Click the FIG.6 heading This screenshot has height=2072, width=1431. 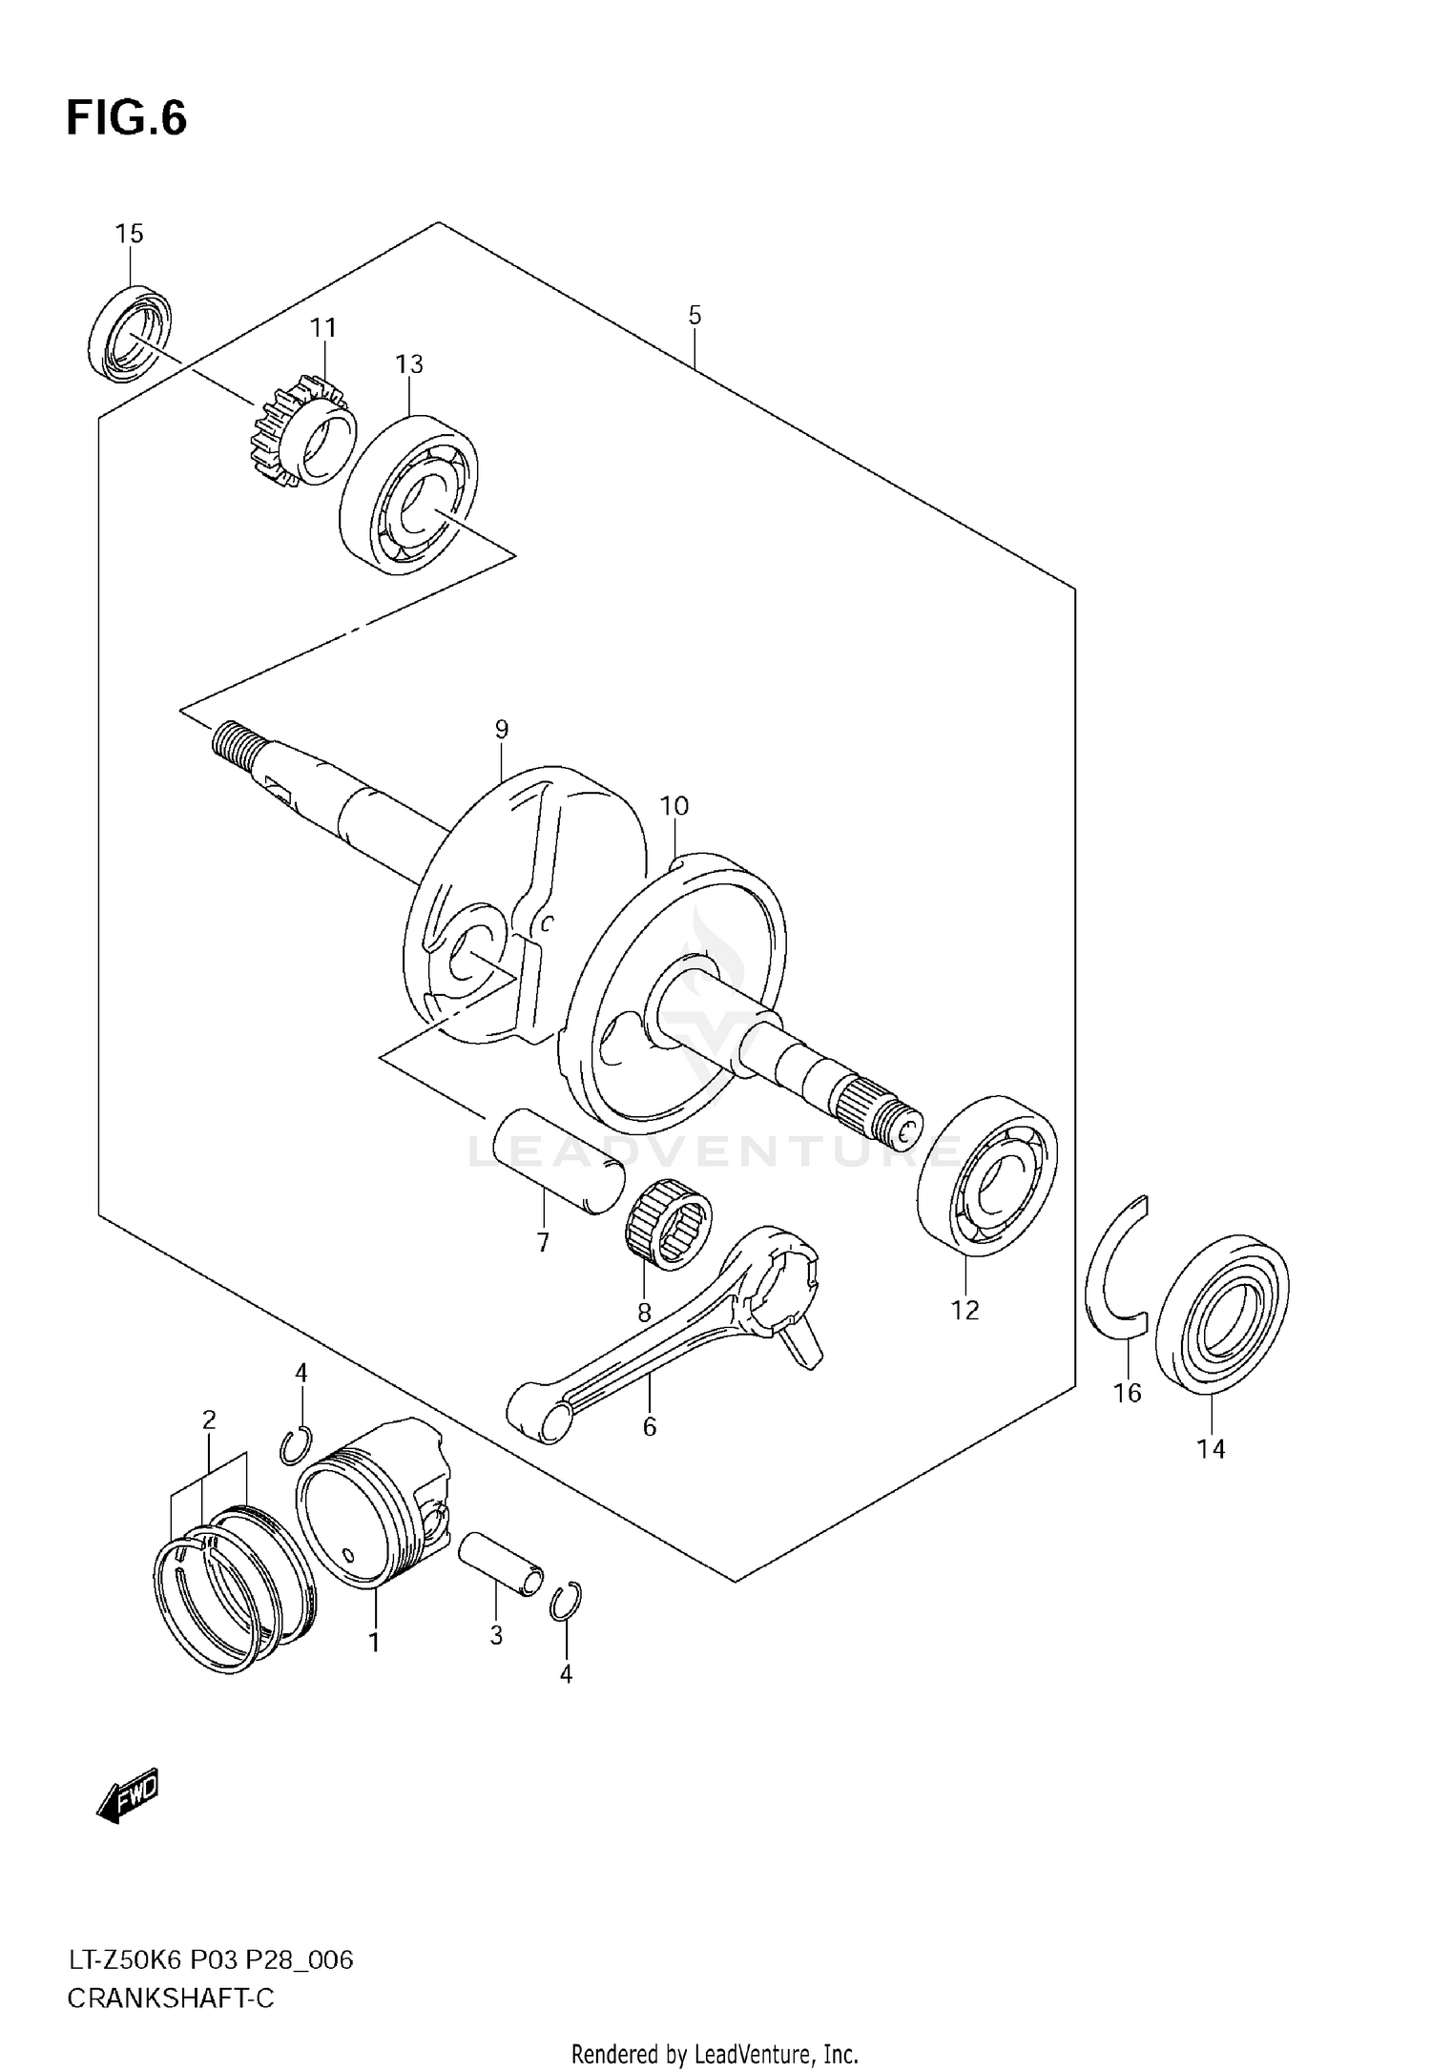coord(127,119)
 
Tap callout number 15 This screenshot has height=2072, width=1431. coord(130,234)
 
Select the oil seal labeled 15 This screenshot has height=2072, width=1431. coord(131,332)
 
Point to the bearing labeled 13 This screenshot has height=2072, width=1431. coord(409,494)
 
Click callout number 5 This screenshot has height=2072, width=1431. coord(695,315)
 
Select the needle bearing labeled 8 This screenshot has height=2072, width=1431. coord(670,1224)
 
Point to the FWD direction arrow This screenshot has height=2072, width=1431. coord(128,1796)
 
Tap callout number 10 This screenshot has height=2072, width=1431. coord(674,806)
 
